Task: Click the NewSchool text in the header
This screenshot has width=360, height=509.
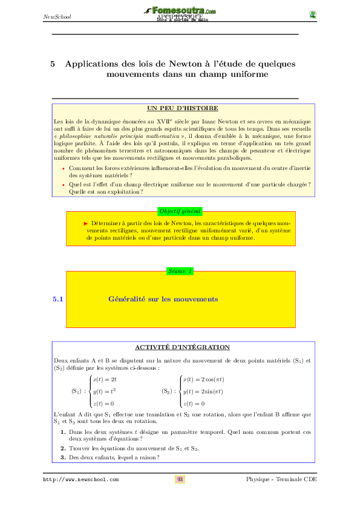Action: point(57,16)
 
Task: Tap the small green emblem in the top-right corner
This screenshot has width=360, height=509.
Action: point(312,15)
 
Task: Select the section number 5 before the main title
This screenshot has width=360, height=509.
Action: point(53,64)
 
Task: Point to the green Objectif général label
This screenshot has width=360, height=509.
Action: point(180,211)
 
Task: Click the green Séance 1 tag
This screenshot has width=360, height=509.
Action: point(180,271)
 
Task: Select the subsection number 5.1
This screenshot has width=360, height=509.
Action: point(59,299)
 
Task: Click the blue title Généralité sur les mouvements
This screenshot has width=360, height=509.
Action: point(163,299)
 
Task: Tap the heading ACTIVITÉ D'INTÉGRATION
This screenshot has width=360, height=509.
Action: point(182,347)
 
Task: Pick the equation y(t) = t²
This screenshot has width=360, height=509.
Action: point(105,391)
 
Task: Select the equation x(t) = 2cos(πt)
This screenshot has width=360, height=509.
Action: point(203,379)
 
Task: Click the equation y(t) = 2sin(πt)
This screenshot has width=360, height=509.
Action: point(203,392)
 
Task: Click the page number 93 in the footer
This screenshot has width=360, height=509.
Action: point(180,479)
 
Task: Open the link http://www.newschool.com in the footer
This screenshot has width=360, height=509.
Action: point(80,479)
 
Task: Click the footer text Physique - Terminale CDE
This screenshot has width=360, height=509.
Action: point(281,479)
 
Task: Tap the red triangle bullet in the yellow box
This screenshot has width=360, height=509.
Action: point(86,223)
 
